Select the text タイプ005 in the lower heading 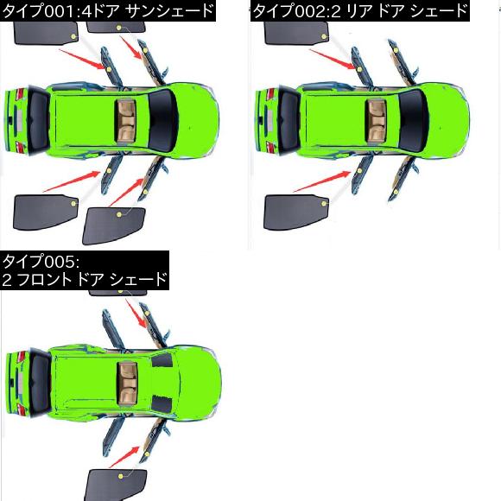point(39,262)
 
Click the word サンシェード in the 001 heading point(169,10)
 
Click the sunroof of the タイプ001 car point(125,120)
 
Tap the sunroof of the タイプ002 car point(376,120)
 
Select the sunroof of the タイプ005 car point(127,383)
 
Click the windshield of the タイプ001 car point(163,120)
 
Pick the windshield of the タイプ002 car point(414,120)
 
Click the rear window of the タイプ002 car point(289,120)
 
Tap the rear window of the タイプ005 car point(40,383)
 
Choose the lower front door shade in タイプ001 point(114,225)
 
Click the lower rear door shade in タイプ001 point(46,212)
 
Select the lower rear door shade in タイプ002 point(296,212)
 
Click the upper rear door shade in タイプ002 point(296,33)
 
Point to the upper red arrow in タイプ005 point(136,314)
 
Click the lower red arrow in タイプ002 point(322,181)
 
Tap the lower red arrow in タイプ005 point(124,457)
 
